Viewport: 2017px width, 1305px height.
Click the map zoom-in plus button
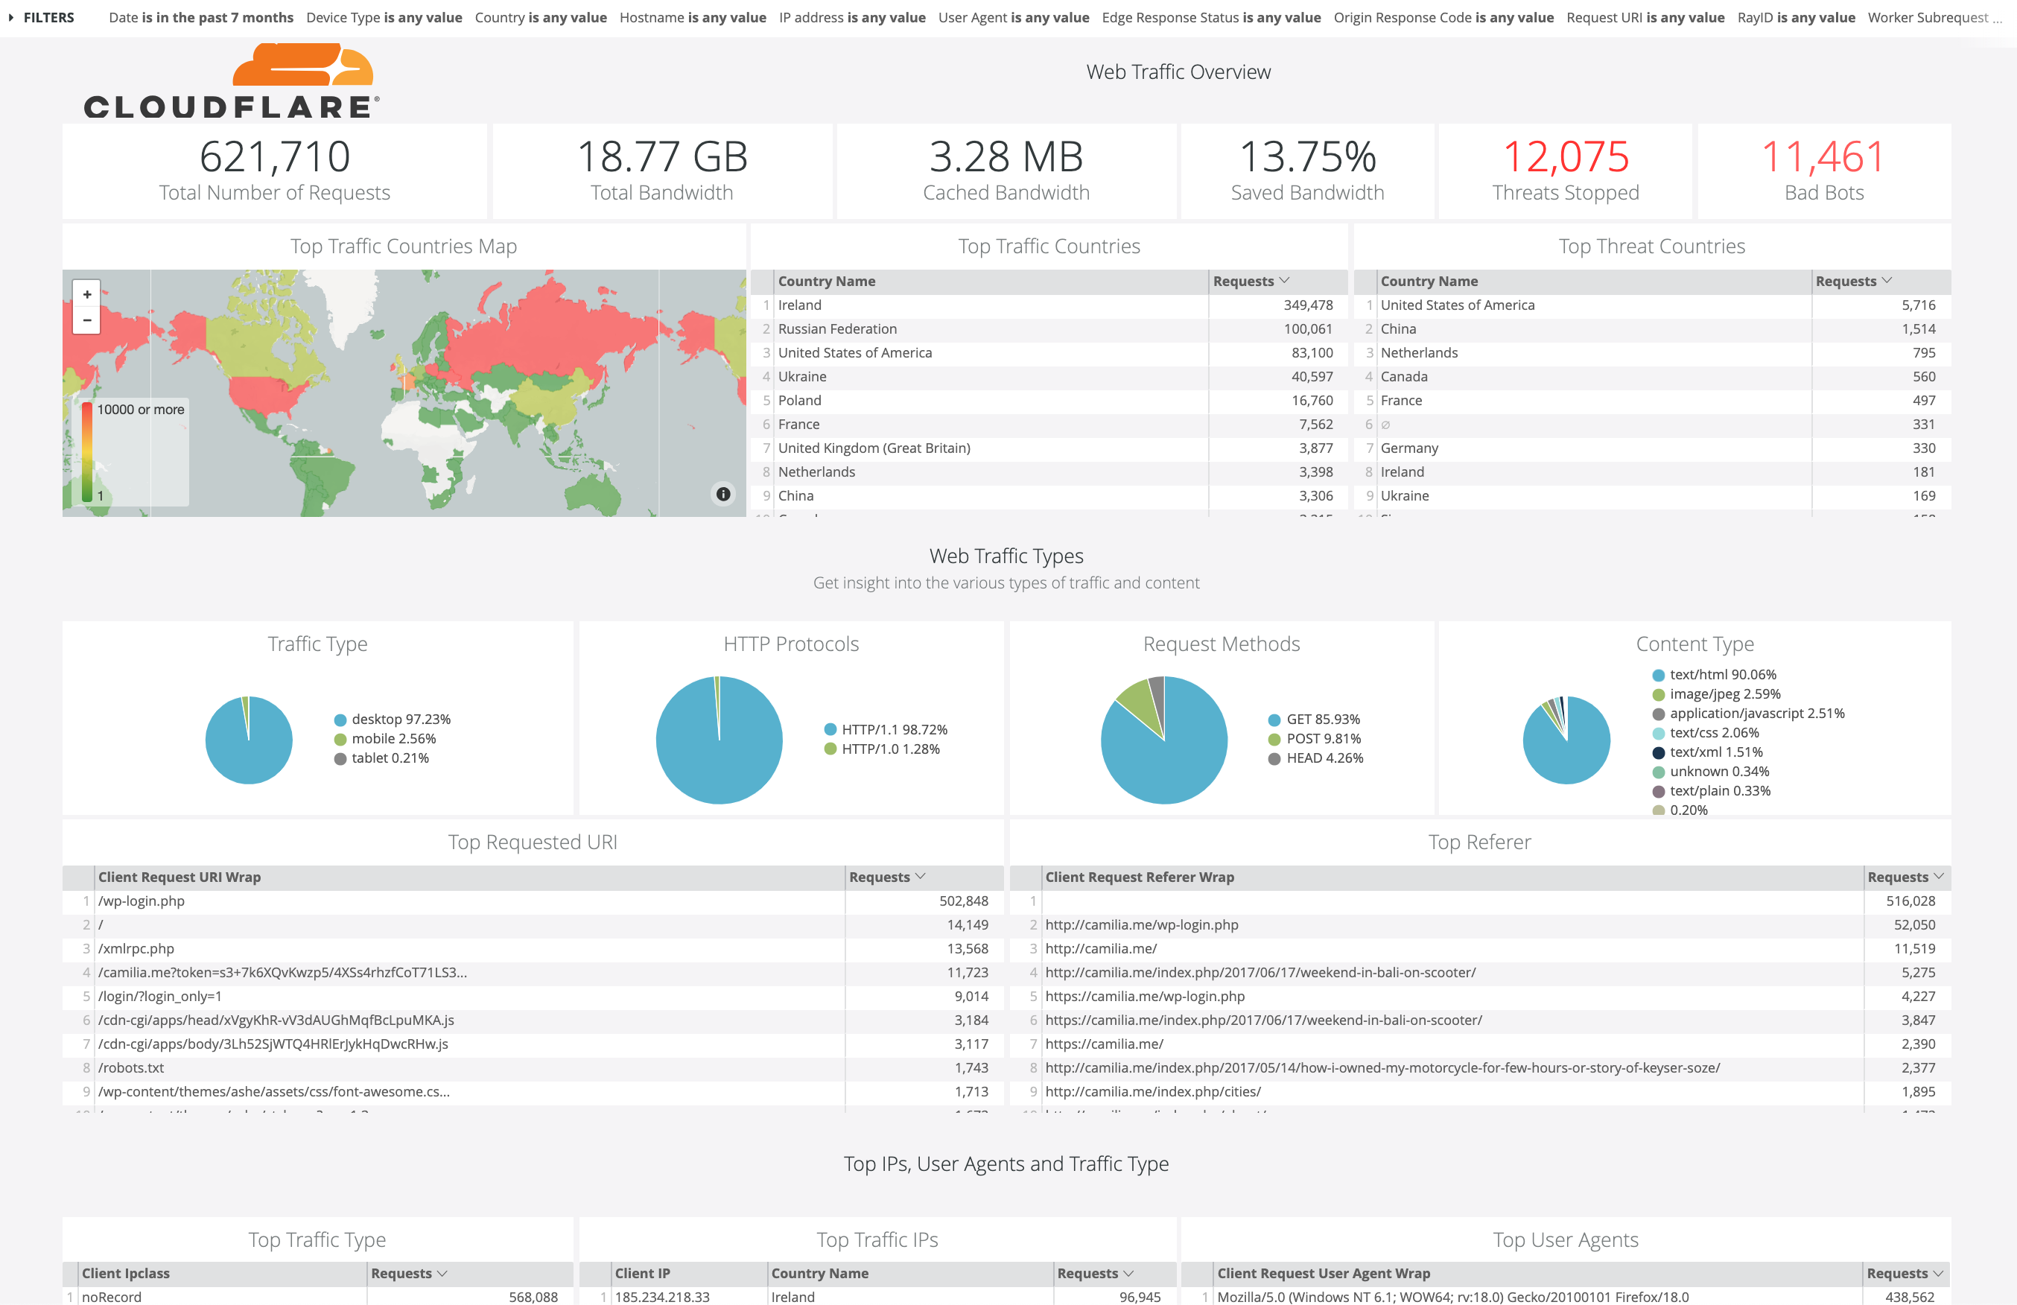pos(87,294)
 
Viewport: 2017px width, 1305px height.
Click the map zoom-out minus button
pos(87,320)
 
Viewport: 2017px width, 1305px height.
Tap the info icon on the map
pos(722,494)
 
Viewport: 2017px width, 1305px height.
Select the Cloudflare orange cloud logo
pos(302,66)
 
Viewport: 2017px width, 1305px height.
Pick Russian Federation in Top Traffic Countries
pos(837,328)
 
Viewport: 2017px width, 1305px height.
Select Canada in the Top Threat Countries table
pos(1404,376)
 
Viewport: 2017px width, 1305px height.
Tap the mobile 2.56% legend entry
pos(393,739)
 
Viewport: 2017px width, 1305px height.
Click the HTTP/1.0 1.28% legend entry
pos(889,749)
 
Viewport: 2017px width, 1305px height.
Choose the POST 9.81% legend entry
pos(1322,739)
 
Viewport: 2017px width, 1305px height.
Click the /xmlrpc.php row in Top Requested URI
pos(136,948)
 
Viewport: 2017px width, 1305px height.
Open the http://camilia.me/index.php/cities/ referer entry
pos(1152,1091)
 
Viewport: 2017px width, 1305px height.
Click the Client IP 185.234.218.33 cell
pos(661,1297)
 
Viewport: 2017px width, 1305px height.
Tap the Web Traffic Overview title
pos(1178,72)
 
